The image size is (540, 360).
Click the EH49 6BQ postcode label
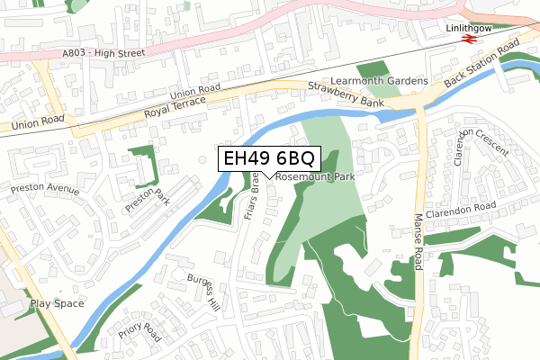click(268, 159)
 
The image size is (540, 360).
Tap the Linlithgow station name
click(471, 28)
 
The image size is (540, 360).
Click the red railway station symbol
click(468, 40)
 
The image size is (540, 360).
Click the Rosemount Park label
click(315, 178)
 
